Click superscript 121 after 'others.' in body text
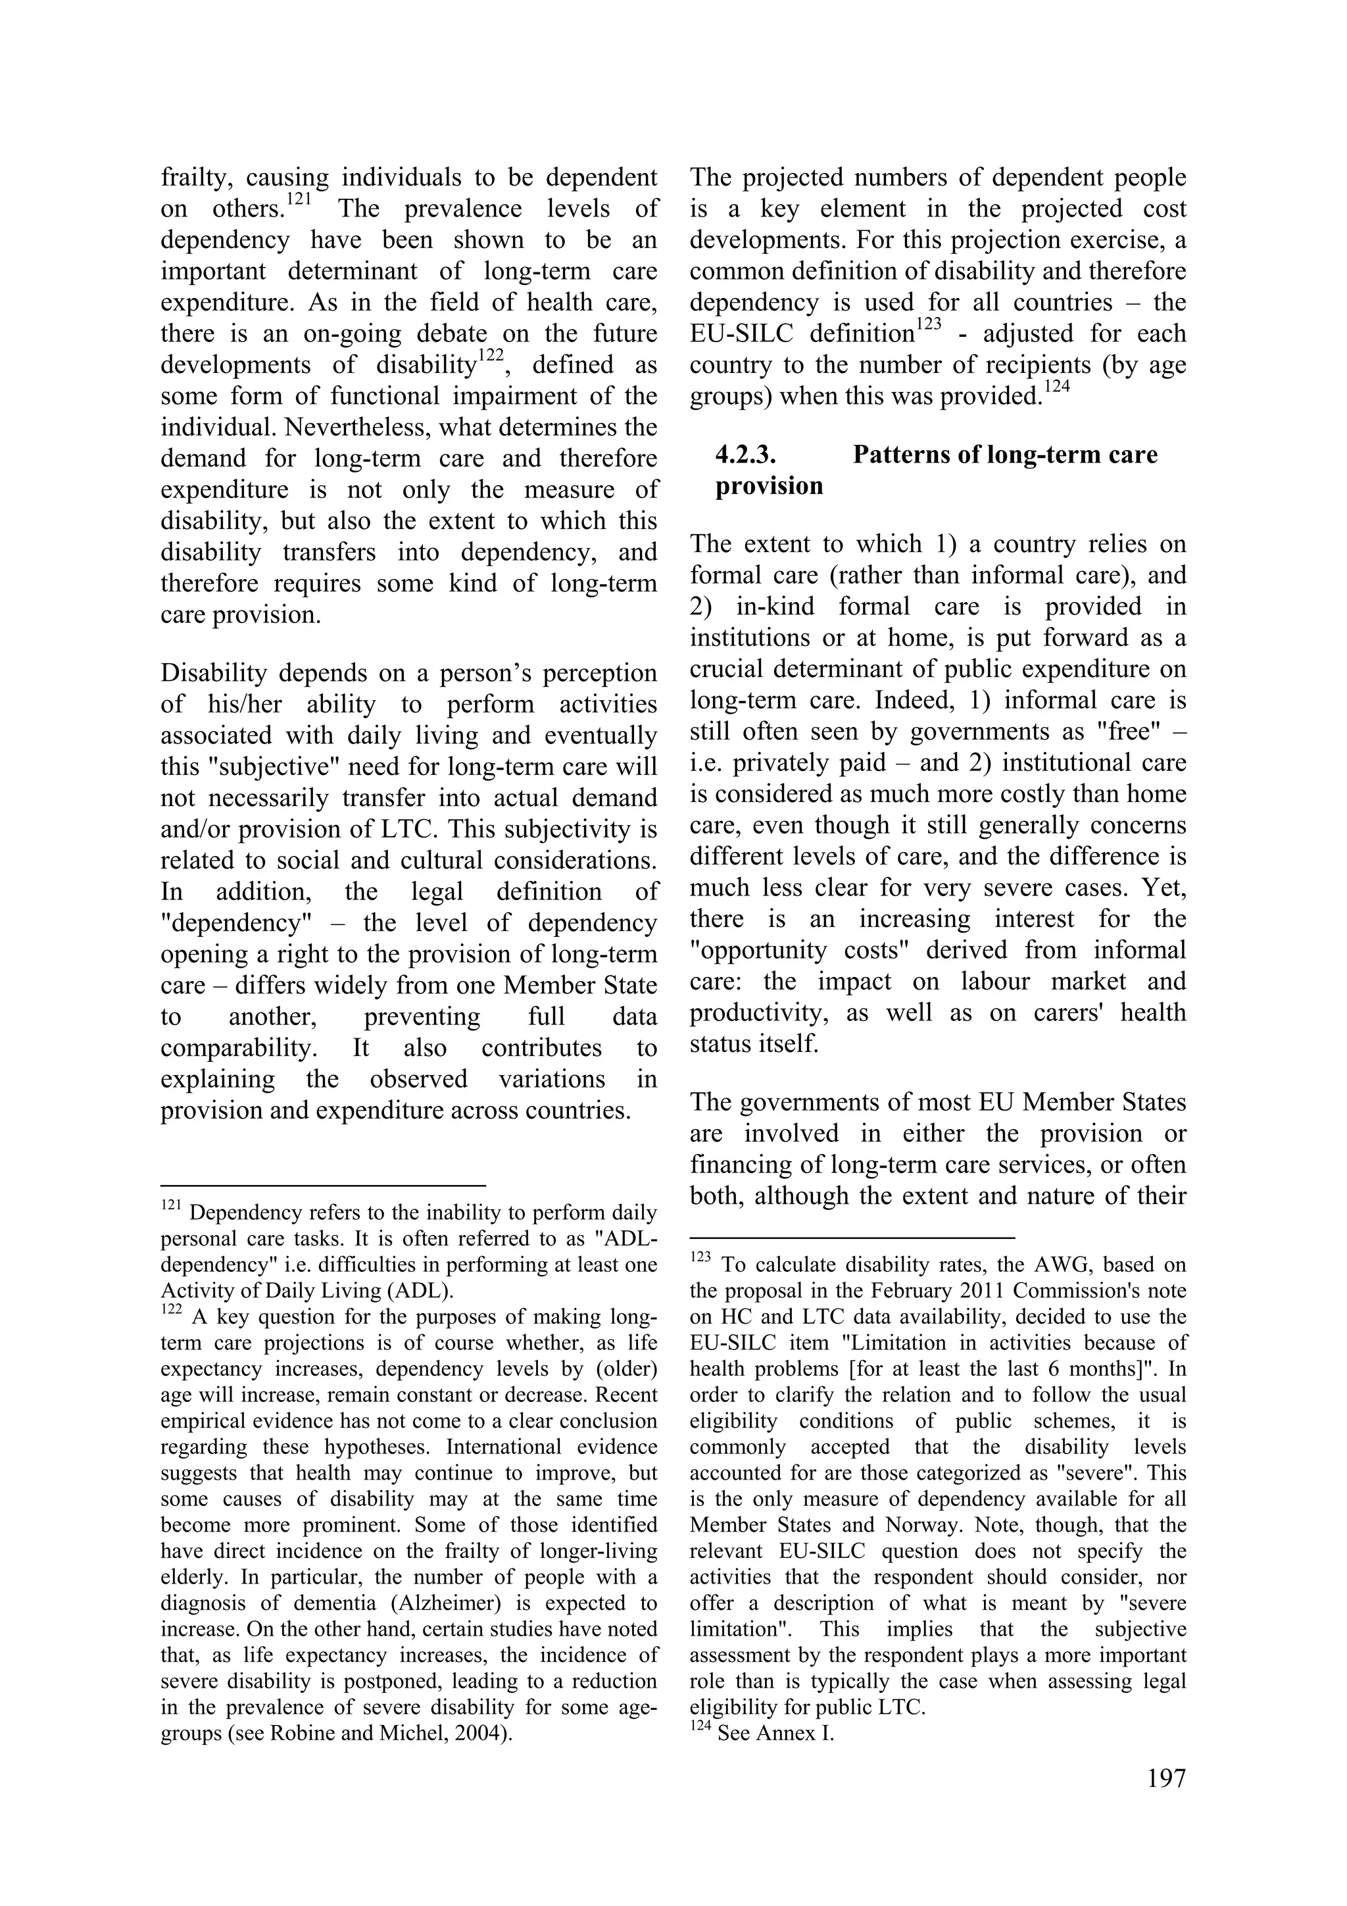tap(299, 200)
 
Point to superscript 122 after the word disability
tap(491, 356)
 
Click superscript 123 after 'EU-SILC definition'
tap(929, 326)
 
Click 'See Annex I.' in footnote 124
tap(775, 1734)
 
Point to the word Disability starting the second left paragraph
tap(213, 672)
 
